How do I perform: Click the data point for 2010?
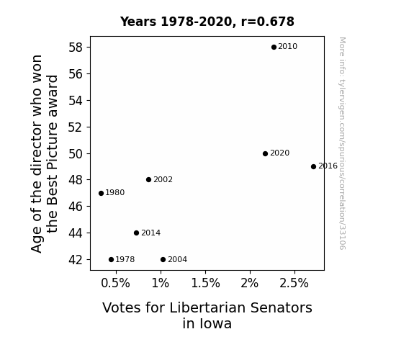click(x=274, y=48)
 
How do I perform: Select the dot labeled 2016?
click(x=313, y=166)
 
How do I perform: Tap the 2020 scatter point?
click(x=266, y=153)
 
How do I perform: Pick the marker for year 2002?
click(x=148, y=179)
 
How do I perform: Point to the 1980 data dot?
click(x=101, y=194)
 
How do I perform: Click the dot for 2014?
click(x=136, y=233)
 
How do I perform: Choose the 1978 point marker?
click(x=111, y=260)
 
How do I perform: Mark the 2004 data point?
click(x=163, y=260)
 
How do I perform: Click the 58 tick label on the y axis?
click(x=76, y=48)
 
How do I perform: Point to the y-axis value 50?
click(x=76, y=153)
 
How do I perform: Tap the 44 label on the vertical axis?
click(x=76, y=233)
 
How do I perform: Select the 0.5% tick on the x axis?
click(x=115, y=283)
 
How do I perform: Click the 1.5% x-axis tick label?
click(x=205, y=283)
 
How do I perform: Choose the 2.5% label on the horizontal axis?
click(x=294, y=283)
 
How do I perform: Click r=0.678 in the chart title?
click(x=267, y=22)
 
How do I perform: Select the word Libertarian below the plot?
click(x=207, y=307)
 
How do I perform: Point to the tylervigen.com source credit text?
click(x=342, y=143)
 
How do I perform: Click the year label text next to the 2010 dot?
click(x=287, y=47)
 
